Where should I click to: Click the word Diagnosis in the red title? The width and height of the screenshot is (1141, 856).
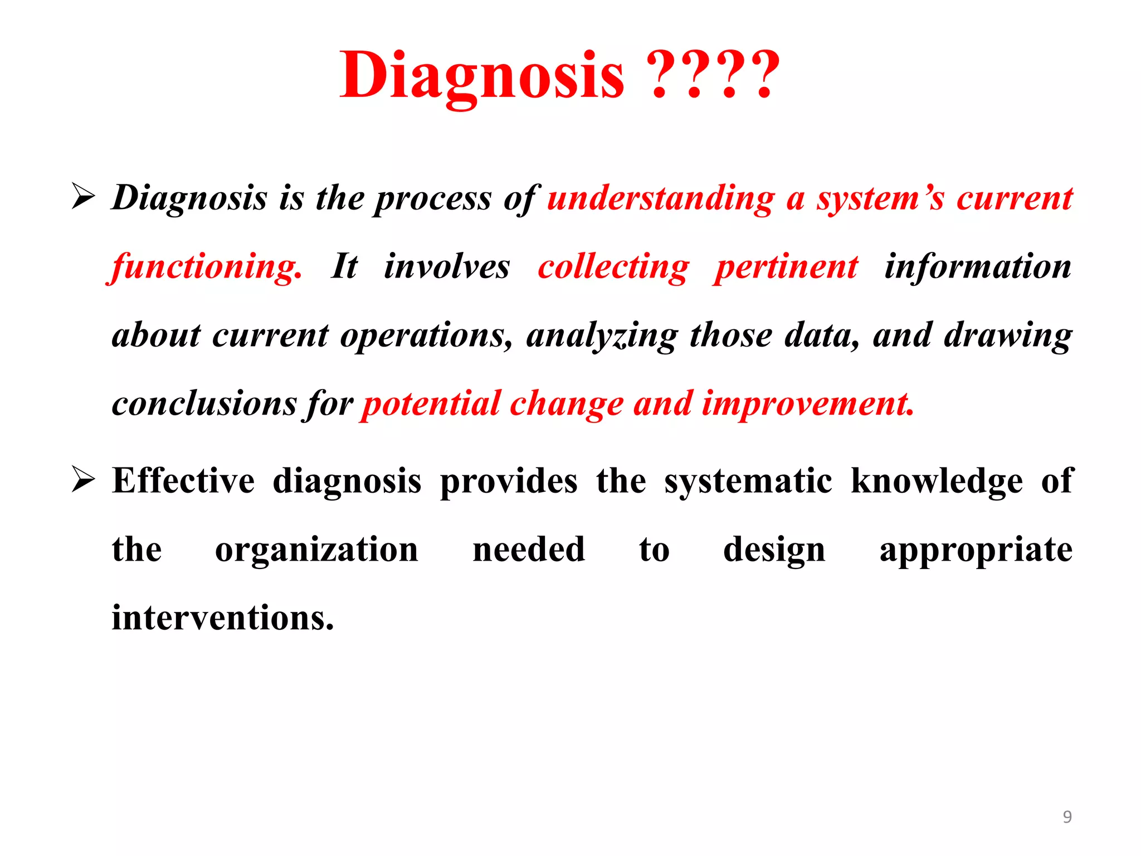(482, 75)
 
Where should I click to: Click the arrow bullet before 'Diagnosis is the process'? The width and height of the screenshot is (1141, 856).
(84, 197)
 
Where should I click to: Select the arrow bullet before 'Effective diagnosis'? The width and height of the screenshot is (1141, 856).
(84, 480)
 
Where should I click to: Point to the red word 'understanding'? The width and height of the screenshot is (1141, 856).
(661, 198)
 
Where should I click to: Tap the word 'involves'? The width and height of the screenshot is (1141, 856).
(447, 266)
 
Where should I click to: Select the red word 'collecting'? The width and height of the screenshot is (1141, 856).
(613, 267)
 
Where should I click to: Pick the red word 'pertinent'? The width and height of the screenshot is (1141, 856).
(787, 267)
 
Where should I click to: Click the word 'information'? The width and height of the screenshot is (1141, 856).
(978, 266)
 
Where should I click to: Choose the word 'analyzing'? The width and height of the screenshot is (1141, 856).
(602, 335)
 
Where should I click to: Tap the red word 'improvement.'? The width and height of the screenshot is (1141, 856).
(808, 403)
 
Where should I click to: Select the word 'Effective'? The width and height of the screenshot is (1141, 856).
(183, 480)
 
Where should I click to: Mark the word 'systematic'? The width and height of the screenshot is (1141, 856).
(748, 480)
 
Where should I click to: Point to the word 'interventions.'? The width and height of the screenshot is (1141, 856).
(223, 617)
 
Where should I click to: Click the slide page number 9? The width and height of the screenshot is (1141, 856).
(1067, 816)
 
